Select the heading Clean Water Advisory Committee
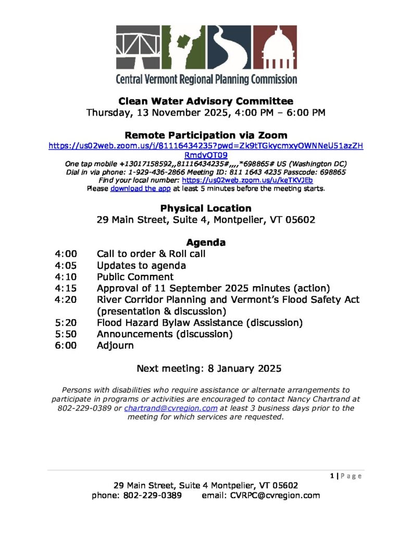coord(206,101)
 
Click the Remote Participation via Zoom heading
coord(206,135)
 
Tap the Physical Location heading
coord(206,208)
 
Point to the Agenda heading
coord(206,243)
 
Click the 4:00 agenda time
coord(66,254)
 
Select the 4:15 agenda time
coord(66,288)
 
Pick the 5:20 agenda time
coord(66,323)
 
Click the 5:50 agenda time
coord(66,334)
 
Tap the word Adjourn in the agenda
coord(115,346)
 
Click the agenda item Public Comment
coord(135,277)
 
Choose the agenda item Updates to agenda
coord(142,265)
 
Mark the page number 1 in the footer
coord(332,476)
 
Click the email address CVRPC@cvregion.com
coord(274,496)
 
